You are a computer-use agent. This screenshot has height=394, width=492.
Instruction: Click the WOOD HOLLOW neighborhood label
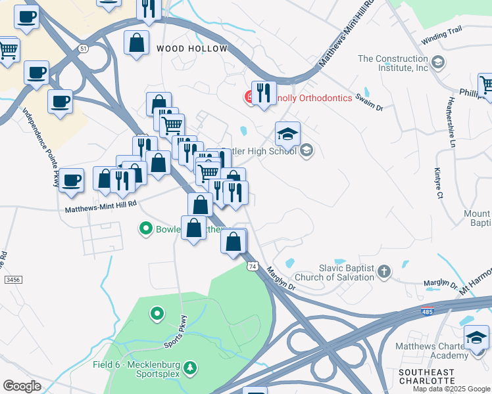[191, 49]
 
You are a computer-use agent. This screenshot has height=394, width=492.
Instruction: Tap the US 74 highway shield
[253, 266]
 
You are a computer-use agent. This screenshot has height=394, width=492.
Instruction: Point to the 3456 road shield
[13, 280]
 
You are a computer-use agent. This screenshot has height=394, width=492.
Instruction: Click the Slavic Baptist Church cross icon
[384, 270]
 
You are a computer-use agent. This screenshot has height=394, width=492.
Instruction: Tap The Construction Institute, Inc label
[393, 63]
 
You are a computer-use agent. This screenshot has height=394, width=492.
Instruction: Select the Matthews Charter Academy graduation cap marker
[477, 338]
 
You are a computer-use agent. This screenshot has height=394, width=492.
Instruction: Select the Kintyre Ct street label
[437, 183]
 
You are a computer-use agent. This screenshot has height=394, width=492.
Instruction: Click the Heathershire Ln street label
[451, 122]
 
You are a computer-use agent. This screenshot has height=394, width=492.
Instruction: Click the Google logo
[21, 386]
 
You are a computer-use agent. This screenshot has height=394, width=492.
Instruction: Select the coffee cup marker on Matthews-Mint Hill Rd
[72, 179]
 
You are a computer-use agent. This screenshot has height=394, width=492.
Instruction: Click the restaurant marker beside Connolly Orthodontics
[264, 93]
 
